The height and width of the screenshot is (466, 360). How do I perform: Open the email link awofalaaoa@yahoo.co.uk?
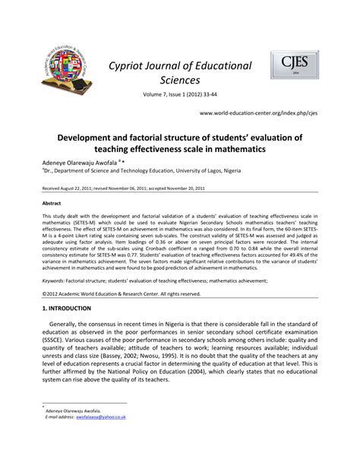(x=103, y=417)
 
